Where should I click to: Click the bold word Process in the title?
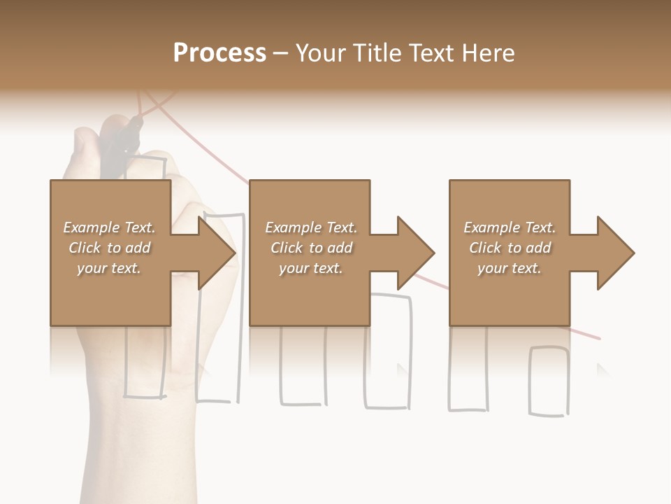(219, 52)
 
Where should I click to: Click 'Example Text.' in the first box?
(109, 227)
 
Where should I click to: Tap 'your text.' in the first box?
(109, 268)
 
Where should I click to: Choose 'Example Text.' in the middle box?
(311, 227)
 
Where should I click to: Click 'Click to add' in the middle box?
(311, 248)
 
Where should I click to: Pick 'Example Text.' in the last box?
(510, 227)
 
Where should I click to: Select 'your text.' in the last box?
(510, 268)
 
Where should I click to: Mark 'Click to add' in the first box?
(109, 248)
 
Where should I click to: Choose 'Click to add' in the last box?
(510, 248)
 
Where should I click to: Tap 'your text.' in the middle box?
(311, 268)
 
